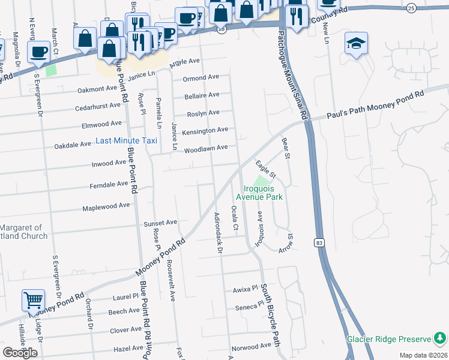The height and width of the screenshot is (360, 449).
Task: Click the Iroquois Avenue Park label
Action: (259, 192)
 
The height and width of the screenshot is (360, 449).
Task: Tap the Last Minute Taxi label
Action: (127, 141)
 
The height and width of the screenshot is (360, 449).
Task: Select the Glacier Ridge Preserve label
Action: (389, 339)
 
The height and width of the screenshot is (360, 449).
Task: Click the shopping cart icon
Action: (33, 299)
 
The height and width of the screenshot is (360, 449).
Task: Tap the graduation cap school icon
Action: (356, 43)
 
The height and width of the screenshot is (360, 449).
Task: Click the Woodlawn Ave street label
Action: (205, 148)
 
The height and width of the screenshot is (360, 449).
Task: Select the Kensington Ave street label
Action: (205, 130)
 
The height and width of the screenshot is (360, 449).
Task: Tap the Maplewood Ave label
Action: (106, 206)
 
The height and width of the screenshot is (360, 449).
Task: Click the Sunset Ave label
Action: (160, 223)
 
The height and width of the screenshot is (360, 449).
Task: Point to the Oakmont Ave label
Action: (100, 90)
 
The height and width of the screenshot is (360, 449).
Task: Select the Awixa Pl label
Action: (245, 290)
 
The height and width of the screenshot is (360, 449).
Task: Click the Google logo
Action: (20, 353)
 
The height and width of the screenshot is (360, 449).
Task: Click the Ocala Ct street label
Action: (235, 219)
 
